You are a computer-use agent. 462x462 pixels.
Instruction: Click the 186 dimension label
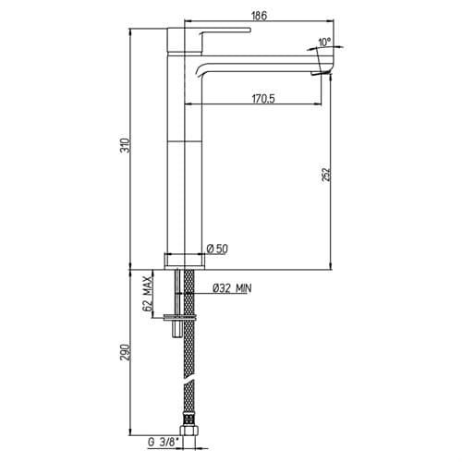260,16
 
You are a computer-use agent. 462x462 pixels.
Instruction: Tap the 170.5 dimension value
263,99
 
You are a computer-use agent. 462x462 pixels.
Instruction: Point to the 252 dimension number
326,175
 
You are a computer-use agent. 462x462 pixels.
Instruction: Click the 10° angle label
324,42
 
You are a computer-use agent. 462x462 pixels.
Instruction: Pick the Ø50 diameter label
218,249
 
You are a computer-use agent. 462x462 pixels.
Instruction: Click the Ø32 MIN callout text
232,288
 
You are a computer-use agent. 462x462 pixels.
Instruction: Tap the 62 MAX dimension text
148,294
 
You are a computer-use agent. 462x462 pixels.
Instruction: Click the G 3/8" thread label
164,443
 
